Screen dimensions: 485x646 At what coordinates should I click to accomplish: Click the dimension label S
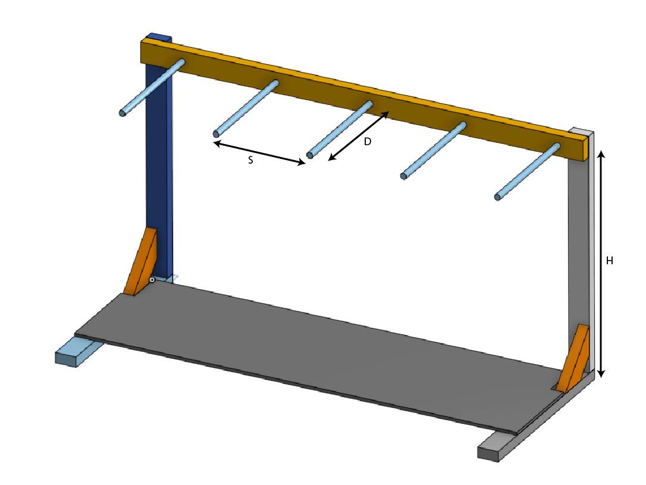tap(250, 161)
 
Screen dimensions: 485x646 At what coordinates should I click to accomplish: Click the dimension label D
tap(368, 142)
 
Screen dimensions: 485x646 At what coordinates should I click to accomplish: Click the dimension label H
tap(609, 261)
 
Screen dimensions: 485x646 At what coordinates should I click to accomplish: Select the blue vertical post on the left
tap(159, 179)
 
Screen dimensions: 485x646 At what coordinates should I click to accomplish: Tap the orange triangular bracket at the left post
tap(142, 262)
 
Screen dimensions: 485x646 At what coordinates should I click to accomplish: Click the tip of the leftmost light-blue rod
tap(123, 112)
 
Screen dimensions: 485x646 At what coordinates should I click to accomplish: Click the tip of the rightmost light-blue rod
tap(498, 196)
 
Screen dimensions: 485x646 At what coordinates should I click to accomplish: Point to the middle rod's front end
tap(309, 155)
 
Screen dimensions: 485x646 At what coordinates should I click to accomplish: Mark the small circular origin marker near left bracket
tap(152, 279)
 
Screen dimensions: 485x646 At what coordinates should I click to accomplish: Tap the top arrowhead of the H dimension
tap(601, 153)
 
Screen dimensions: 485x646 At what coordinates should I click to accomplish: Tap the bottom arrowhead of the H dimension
tap(601, 374)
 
